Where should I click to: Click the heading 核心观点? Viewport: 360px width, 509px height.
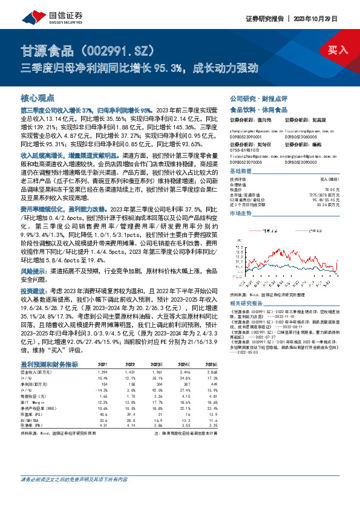pos(38,97)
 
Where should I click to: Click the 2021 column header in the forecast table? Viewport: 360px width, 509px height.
pos(102,364)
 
